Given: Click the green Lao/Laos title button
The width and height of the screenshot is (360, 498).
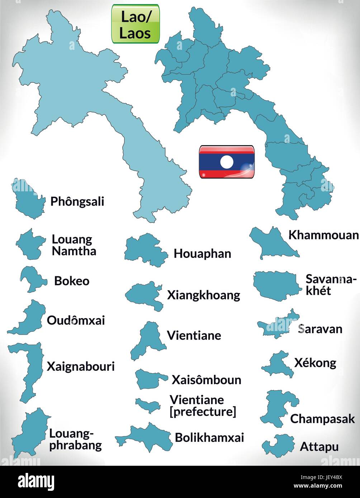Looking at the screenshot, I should (136, 24).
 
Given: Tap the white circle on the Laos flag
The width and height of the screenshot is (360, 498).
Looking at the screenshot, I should (227, 162).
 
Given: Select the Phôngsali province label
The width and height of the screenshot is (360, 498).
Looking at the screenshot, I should (77, 201).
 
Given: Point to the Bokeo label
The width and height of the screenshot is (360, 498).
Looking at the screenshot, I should (72, 281).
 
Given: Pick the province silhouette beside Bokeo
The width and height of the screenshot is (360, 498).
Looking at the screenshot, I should (32, 279).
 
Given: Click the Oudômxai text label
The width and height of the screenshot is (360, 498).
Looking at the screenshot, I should (76, 320).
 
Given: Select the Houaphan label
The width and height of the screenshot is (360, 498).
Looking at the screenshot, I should (202, 254).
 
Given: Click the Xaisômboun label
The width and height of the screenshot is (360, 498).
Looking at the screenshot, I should (206, 380).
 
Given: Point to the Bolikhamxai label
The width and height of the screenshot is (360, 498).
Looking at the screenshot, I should (209, 437).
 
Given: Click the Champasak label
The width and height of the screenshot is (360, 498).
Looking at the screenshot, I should (322, 419).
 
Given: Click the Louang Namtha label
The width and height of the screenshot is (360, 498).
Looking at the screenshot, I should (74, 245).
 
